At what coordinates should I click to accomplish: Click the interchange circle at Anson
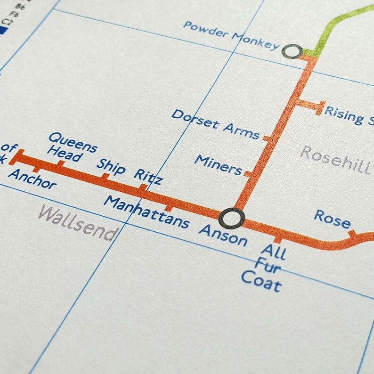(232, 218)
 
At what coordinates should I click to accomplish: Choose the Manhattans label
(146, 211)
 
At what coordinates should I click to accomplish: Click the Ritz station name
(148, 176)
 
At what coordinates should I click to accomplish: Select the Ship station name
(111, 166)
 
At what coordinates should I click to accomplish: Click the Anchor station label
(32, 179)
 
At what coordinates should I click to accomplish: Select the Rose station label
(333, 220)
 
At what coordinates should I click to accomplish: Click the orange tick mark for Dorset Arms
(267, 138)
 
